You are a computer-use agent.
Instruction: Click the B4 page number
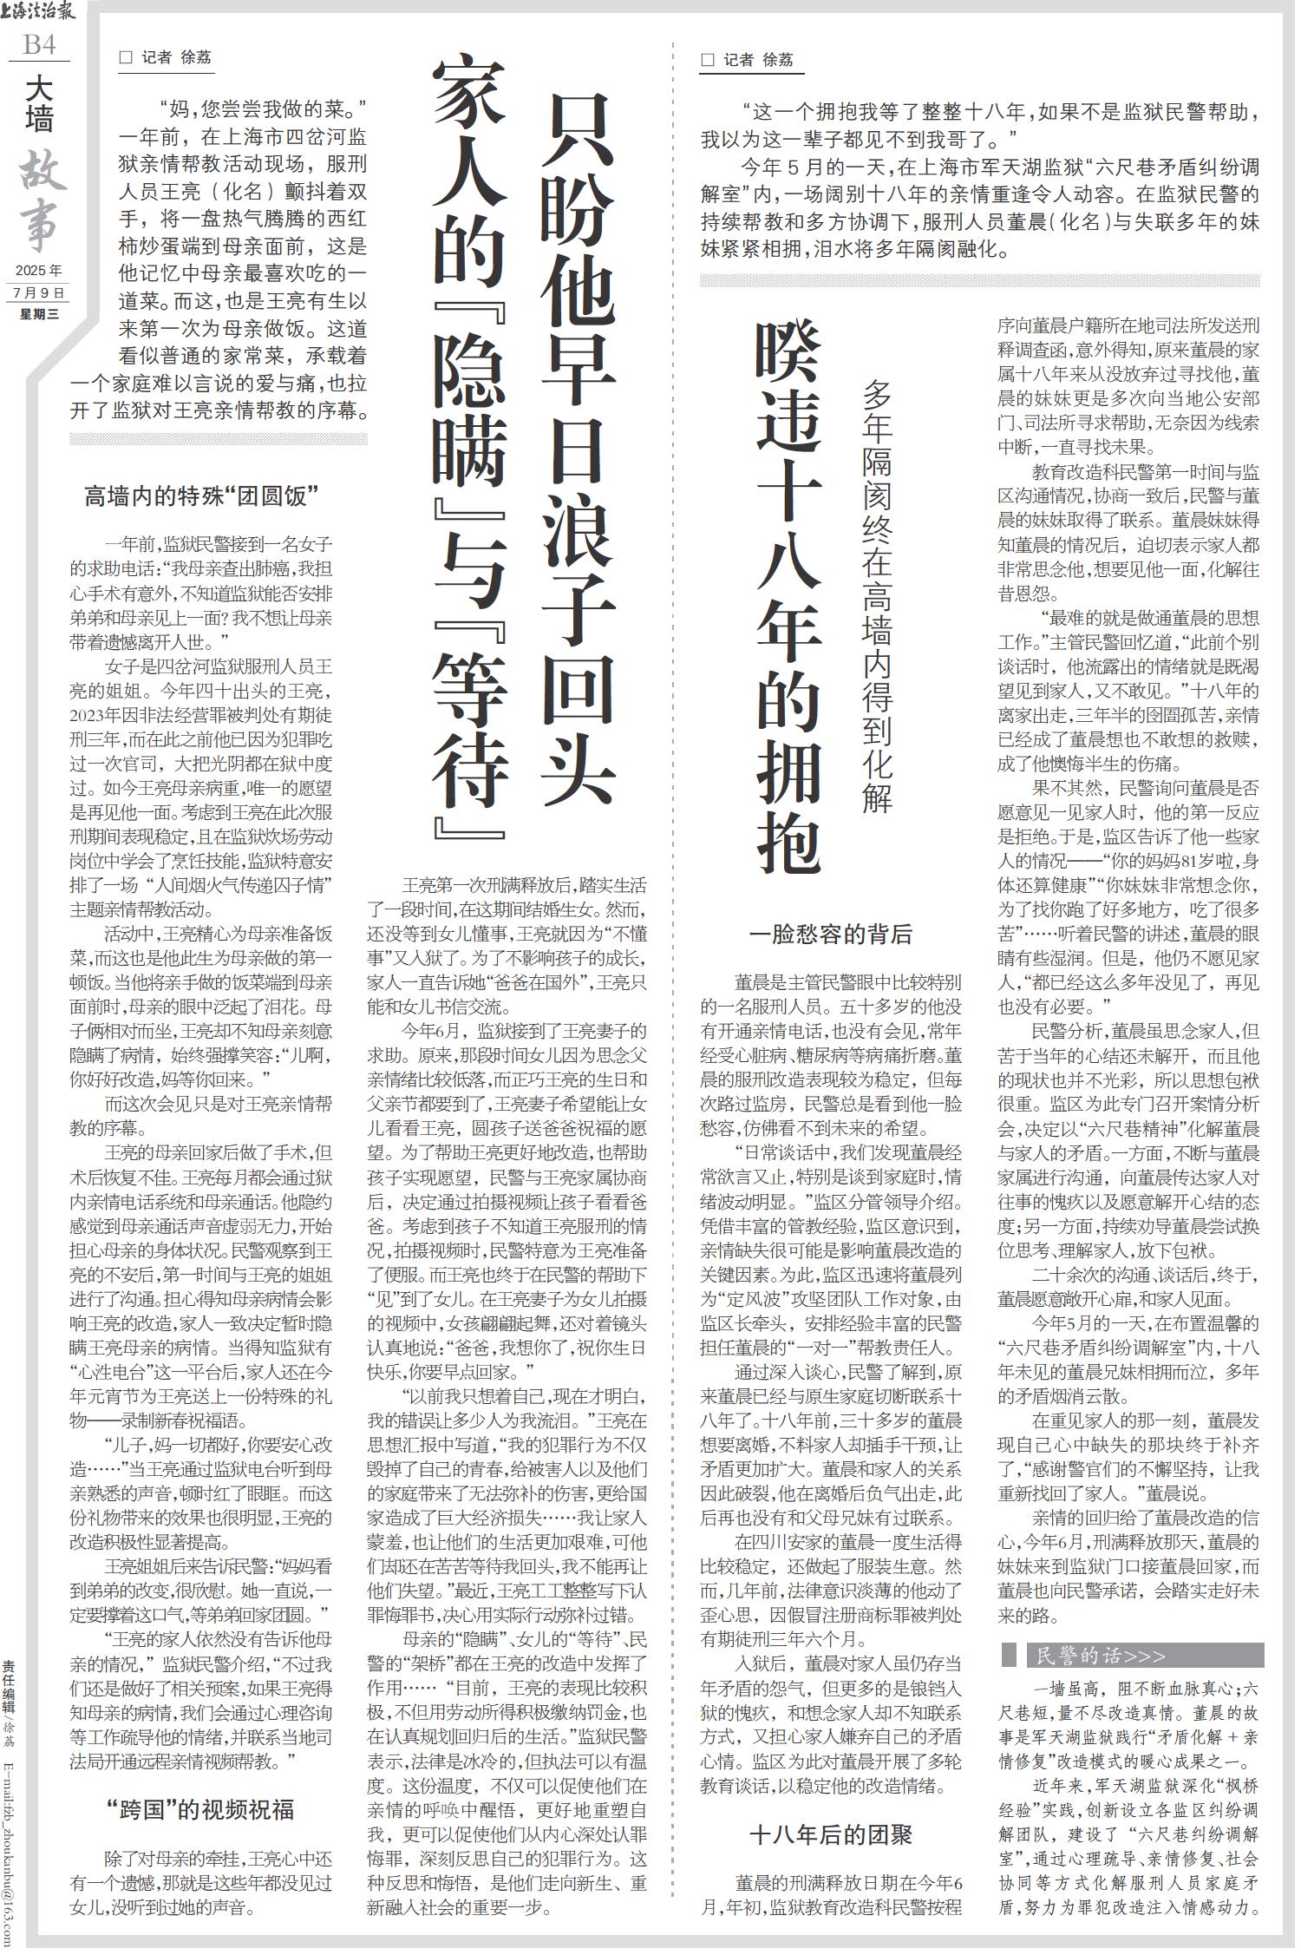[39, 44]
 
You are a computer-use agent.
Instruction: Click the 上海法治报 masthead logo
[39, 11]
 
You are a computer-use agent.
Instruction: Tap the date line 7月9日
[39, 292]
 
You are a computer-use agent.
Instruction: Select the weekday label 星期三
[39, 314]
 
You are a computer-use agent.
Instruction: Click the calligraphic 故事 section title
[40, 201]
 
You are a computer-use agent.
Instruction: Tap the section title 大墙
[39, 104]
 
